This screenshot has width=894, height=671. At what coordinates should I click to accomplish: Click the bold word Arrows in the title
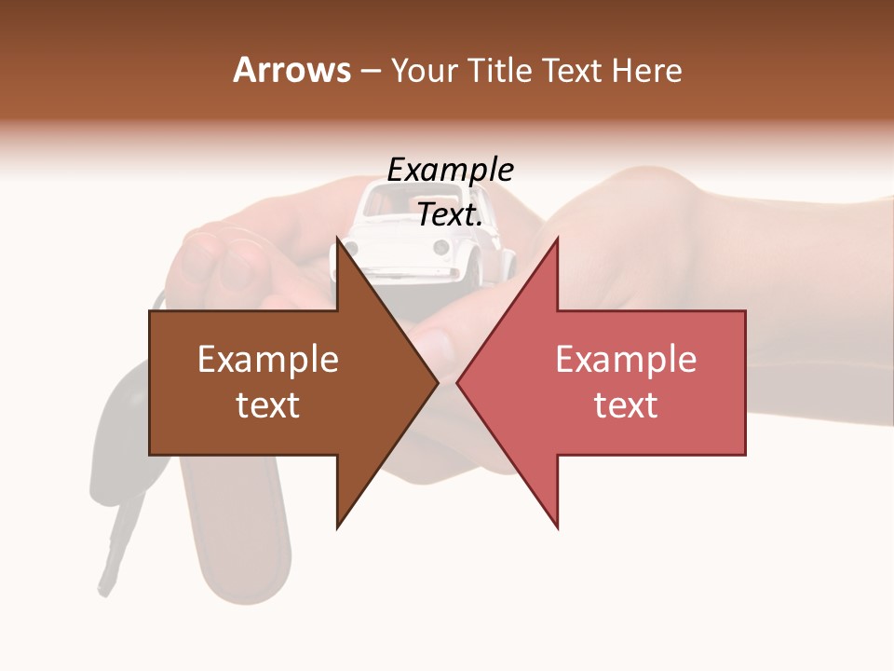coord(291,70)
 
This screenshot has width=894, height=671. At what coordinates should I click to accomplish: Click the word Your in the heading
coord(423,70)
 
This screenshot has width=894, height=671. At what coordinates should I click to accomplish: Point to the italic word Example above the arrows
coord(450,170)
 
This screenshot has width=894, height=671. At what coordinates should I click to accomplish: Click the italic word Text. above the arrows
coord(450,214)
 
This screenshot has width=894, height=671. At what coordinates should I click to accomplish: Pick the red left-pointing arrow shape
coord(633,383)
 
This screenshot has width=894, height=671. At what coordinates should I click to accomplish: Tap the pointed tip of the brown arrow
coord(435,382)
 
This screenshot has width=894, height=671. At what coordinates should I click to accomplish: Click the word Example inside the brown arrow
coord(268,360)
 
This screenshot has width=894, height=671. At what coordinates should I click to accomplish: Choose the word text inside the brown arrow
coord(268,405)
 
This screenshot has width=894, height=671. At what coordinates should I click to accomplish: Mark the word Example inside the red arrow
coord(626,360)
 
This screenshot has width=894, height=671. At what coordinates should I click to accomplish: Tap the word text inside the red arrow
coord(626,405)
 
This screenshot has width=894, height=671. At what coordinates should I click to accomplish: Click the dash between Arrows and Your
coord(370,71)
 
